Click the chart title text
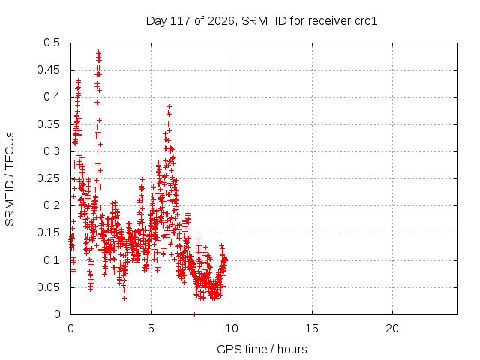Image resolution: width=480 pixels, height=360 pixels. tap(262, 21)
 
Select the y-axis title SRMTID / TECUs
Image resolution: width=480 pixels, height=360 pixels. tap(10, 179)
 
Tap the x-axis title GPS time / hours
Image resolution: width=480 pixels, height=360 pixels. tap(262, 349)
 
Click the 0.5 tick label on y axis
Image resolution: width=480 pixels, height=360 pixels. tap(52, 43)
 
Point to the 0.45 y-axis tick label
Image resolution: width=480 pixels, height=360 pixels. tap(48, 70)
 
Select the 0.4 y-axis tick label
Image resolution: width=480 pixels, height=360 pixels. tap(52, 97)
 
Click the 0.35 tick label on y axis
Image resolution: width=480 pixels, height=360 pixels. tap(48, 124)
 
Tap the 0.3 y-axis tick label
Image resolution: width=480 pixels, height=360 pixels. tap(52, 151)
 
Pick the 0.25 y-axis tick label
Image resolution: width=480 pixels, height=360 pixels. tap(48, 178)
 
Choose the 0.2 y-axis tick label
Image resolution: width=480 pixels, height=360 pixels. tap(52, 205)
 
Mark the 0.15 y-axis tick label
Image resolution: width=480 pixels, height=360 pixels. tap(48, 233)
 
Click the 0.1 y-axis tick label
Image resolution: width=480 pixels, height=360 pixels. tap(52, 260)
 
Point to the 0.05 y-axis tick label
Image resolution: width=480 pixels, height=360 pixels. tap(48, 287)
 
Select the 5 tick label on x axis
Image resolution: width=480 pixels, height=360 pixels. tap(151, 328)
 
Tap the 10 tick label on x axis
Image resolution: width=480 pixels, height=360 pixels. tap(232, 328)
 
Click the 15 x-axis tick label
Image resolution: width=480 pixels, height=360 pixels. tap(312, 328)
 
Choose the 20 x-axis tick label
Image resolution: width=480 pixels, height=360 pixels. tap(392, 328)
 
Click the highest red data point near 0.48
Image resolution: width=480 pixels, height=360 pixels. tap(98, 52)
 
